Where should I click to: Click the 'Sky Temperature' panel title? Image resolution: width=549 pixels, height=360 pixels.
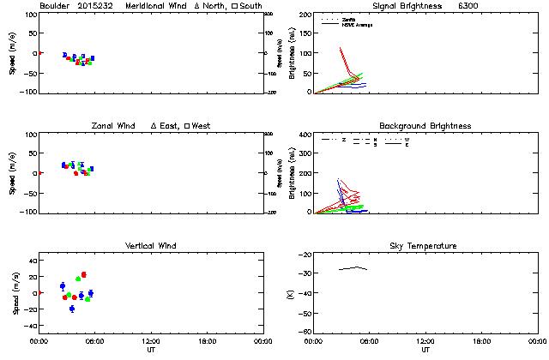pyautogui.click(x=425, y=246)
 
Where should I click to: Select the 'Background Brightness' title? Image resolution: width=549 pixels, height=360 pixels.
pyautogui.click(x=425, y=126)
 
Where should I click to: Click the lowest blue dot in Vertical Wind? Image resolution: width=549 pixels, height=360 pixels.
pyautogui.click(x=72, y=309)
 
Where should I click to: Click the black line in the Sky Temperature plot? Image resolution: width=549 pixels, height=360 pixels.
pyautogui.click(x=353, y=268)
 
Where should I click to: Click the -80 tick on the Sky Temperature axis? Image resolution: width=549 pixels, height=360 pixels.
pyautogui.click(x=304, y=332)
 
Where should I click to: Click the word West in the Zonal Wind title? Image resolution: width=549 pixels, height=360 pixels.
pyautogui.click(x=202, y=126)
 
